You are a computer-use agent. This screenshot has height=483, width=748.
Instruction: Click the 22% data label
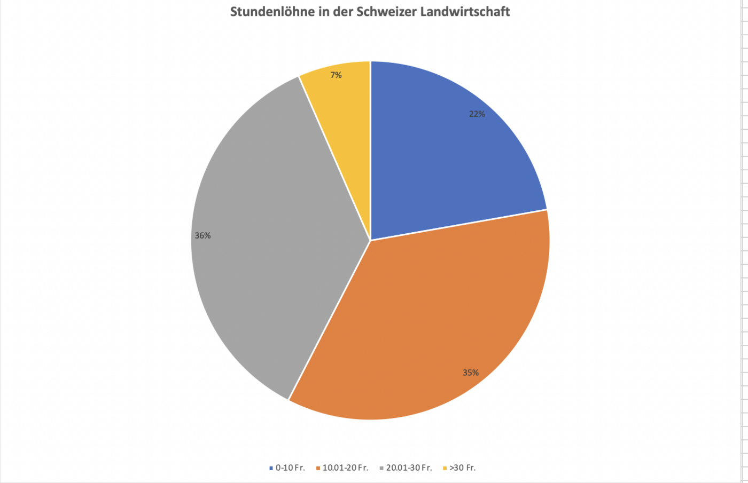[477, 114]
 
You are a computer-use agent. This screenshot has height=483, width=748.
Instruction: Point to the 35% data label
[471, 373]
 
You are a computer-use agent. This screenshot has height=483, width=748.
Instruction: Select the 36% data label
[202, 235]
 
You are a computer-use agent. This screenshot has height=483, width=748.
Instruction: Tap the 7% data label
[336, 75]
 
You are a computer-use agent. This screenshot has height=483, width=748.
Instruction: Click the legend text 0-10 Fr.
[290, 468]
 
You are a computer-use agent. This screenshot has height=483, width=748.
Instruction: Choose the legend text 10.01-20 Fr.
[345, 468]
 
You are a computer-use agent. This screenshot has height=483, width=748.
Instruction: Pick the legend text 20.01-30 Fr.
[409, 468]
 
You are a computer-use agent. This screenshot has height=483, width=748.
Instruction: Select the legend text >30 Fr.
[462, 468]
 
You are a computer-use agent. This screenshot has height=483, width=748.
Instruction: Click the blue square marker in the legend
[271, 468]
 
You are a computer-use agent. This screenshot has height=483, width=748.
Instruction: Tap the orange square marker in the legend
[318, 468]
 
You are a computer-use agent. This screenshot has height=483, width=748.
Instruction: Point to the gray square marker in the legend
[381, 468]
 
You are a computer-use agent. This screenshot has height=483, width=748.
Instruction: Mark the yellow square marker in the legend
[445, 468]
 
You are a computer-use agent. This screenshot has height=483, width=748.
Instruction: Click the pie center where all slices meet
[370, 240]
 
